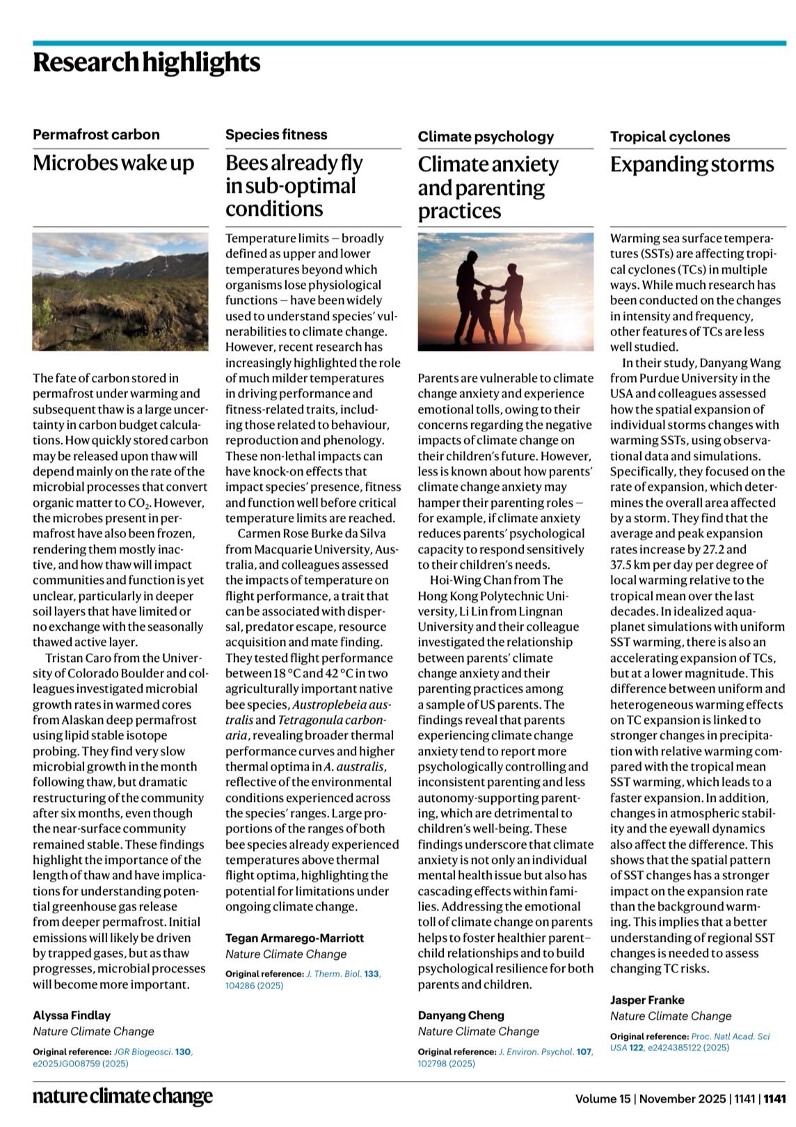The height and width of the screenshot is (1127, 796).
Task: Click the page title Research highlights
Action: pyautogui.click(x=146, y=63)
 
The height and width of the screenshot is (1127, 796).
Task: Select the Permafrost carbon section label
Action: pyautogui.click(x=96, y=135)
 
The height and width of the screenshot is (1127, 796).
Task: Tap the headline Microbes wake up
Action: pyautogui.click(x=113, y=163)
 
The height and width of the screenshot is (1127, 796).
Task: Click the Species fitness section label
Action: pyautogui.click(x=276, y=135)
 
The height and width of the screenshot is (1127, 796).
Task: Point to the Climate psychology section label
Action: pyautogui.click(x=486, y=137)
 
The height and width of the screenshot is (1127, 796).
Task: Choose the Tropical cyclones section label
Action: pyautogui.click(x=670, y=137)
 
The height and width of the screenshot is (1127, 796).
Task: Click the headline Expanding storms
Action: pyautogui.click(x=692, y=165)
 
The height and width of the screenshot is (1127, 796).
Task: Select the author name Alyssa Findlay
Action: pyautogui.click(x=72, y=1016)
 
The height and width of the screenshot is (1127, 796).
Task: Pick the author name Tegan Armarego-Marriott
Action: pyautogui.click(x=294, y=938)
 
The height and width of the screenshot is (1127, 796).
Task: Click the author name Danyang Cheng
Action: pyautogui.click(x=461, y=1016)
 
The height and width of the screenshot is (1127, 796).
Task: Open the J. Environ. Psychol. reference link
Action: pyautogui.click(x=536, y=1052)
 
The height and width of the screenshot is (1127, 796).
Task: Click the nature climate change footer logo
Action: pyautogui.click(x=122, y=1098)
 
